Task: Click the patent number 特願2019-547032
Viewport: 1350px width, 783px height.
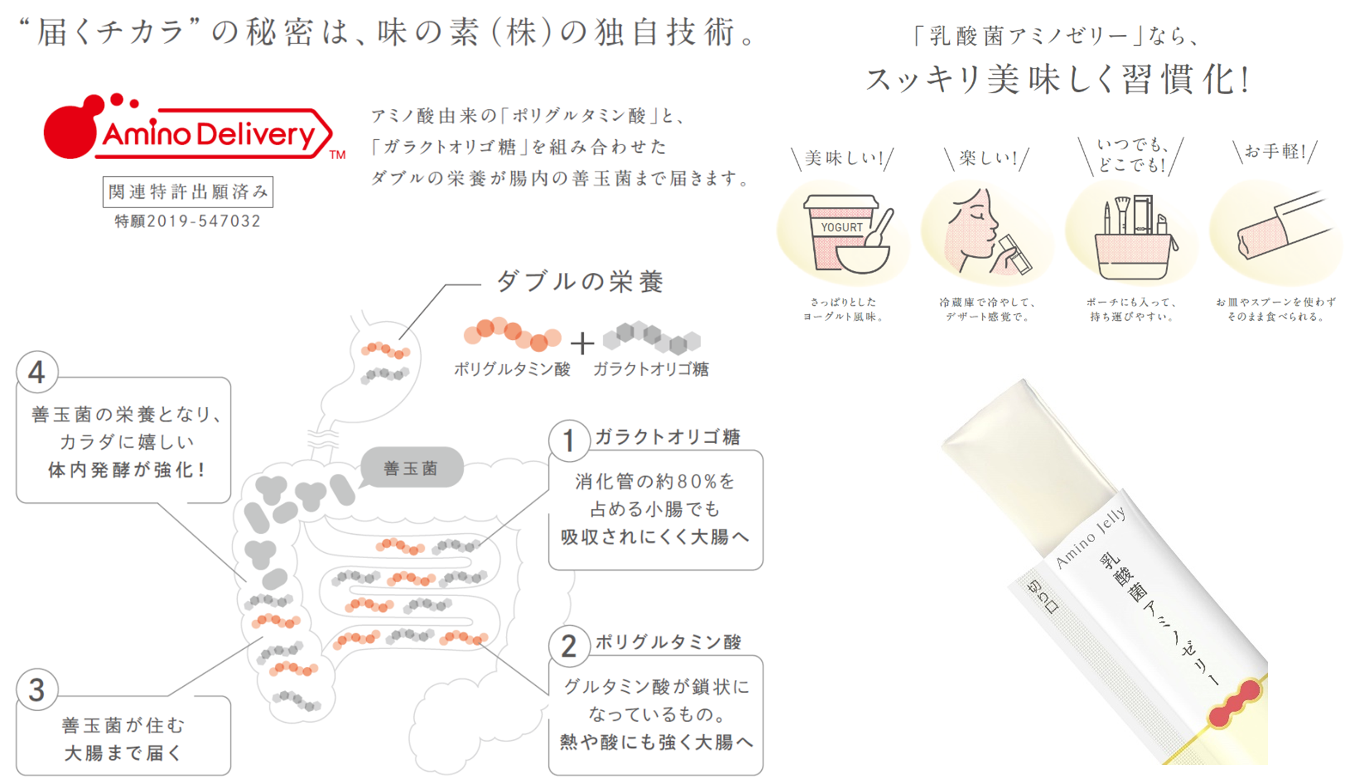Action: coord(187,221)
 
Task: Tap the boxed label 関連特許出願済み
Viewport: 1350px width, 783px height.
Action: coord(188,192)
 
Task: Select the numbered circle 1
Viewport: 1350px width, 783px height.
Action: coord(568,441)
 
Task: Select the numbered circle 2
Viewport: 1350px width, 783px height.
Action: coord(568,646)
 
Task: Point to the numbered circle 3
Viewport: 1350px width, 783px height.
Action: coord(36,690)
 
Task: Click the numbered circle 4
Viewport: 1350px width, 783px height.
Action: coord(36,372)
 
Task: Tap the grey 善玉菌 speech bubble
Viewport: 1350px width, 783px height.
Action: coord(411,468)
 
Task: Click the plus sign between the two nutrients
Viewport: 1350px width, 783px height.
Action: coord(582,343)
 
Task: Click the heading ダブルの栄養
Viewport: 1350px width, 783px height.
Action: coord(579,282)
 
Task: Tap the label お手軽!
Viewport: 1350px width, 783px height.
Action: coord(1275,151)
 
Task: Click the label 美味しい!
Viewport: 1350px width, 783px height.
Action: coord(844,159)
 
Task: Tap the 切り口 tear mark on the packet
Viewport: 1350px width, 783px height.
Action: coord(1043,597)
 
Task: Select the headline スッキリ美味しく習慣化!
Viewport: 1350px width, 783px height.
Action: coord(1057,80)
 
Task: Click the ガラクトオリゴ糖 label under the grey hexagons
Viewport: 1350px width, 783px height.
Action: coord(651,369)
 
